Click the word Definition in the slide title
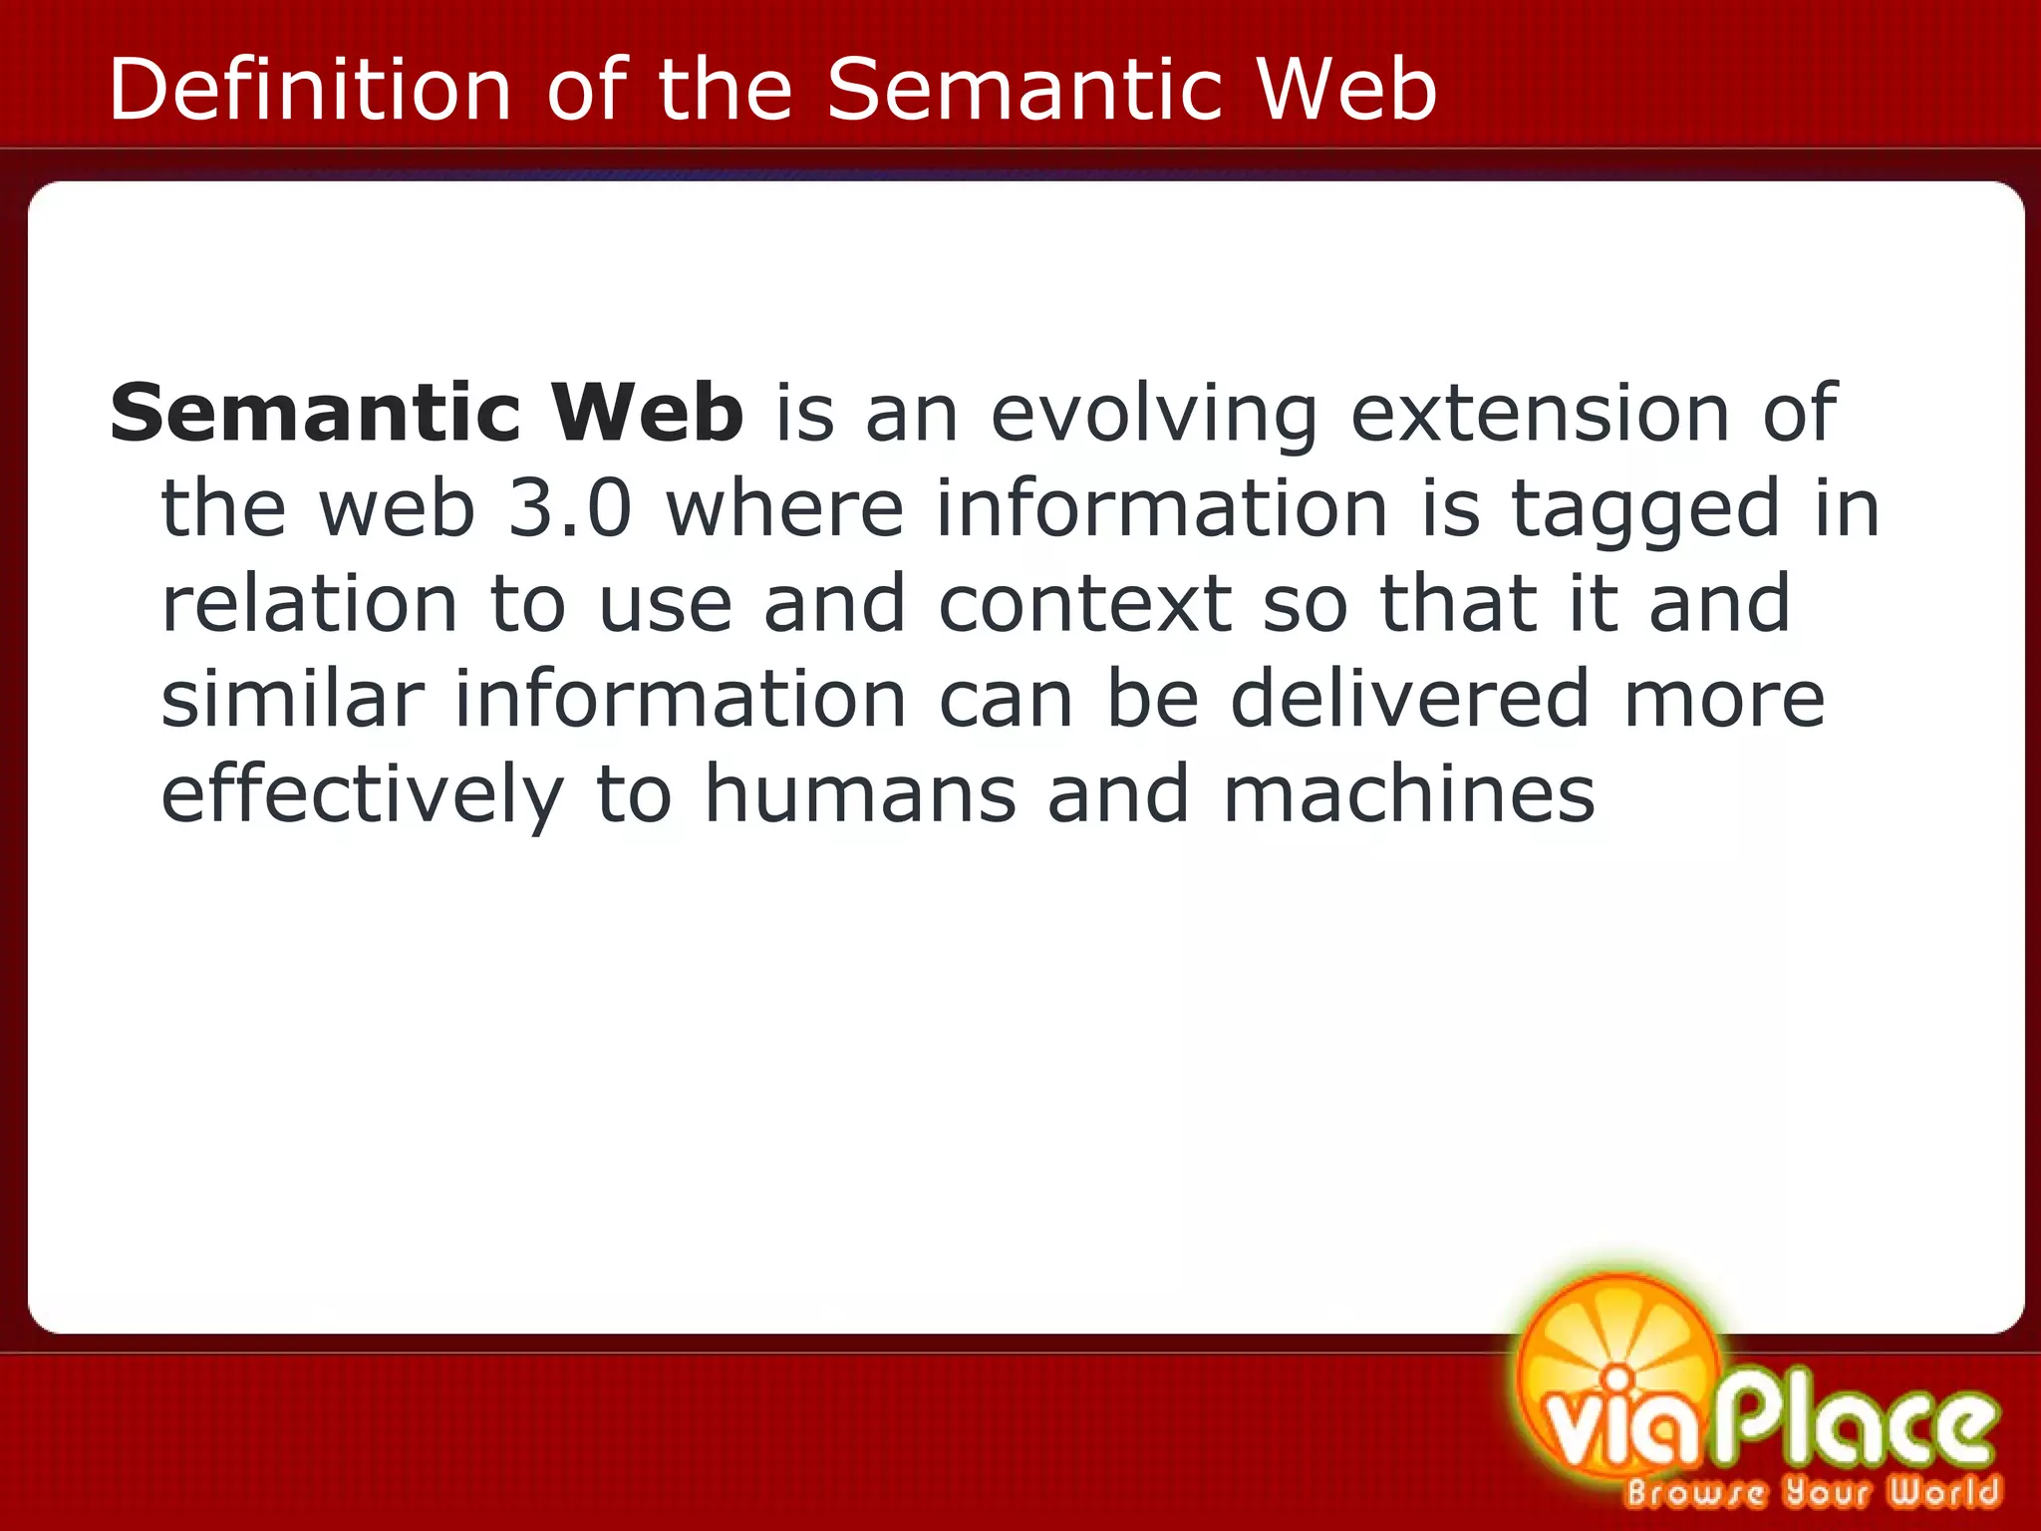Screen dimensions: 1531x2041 pos(309,90)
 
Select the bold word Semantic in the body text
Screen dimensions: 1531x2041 pos(315,413)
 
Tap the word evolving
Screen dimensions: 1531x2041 pos(1154,415)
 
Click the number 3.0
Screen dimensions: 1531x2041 pos(570,508)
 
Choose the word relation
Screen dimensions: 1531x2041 pos(309,604)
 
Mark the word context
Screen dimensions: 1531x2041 pos(1084,604)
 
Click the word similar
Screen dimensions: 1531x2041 pos(292,699)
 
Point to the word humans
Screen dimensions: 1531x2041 pos(860,794)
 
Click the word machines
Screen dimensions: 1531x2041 pos(1409,794)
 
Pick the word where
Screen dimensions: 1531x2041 pos(784,508)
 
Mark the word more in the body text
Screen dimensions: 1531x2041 pos(1724,699)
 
